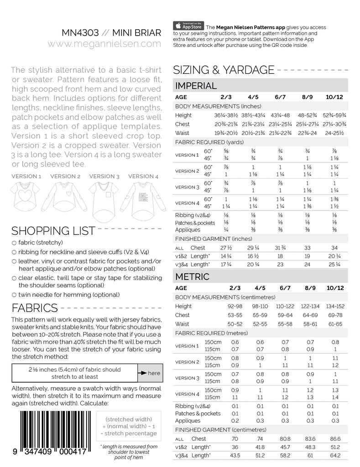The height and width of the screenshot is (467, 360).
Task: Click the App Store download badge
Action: tap(188, 26)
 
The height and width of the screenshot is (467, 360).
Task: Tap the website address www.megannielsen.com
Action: tap(104, 44)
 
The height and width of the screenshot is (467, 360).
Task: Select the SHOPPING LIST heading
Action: tap(53, 230)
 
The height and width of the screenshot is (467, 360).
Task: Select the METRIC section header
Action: tap(193, 276)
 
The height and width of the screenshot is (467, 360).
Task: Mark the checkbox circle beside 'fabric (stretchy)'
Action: tap(15, 243)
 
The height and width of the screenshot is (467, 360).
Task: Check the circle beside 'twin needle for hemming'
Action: tap(15, 295)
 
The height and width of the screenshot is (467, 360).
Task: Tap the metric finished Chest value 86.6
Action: tap(335, 439)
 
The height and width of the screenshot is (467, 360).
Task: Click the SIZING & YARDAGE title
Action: tap(224, 70)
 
